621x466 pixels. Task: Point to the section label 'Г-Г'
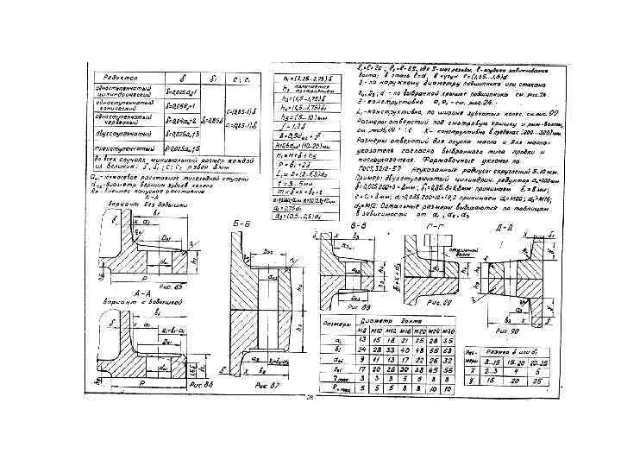[436, 224]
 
